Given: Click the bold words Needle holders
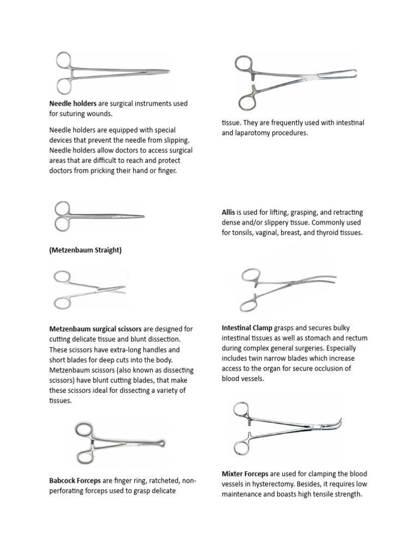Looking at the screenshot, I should point(73,103).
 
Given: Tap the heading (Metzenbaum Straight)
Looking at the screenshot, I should point(85,250).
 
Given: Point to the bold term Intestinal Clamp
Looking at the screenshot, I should point(247,328).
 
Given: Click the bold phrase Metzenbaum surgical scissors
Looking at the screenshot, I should point(95,329).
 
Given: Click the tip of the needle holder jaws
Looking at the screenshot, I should point(168,71).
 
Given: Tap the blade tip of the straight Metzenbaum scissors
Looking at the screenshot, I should point(143,217).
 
